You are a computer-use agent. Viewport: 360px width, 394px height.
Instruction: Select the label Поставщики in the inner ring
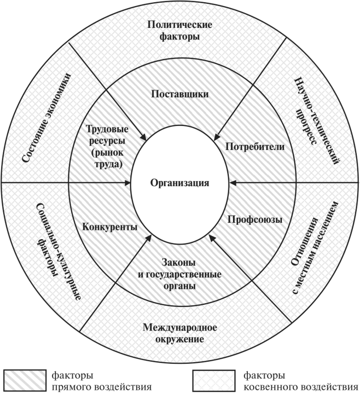(179, 94)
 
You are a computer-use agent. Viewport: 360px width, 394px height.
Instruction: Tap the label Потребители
(247, 147)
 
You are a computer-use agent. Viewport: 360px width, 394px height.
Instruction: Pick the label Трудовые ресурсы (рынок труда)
(108, 147)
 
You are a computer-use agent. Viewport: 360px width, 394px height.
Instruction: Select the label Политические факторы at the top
(179, 31)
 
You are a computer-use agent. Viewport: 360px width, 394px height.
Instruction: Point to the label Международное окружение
(180, 333)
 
